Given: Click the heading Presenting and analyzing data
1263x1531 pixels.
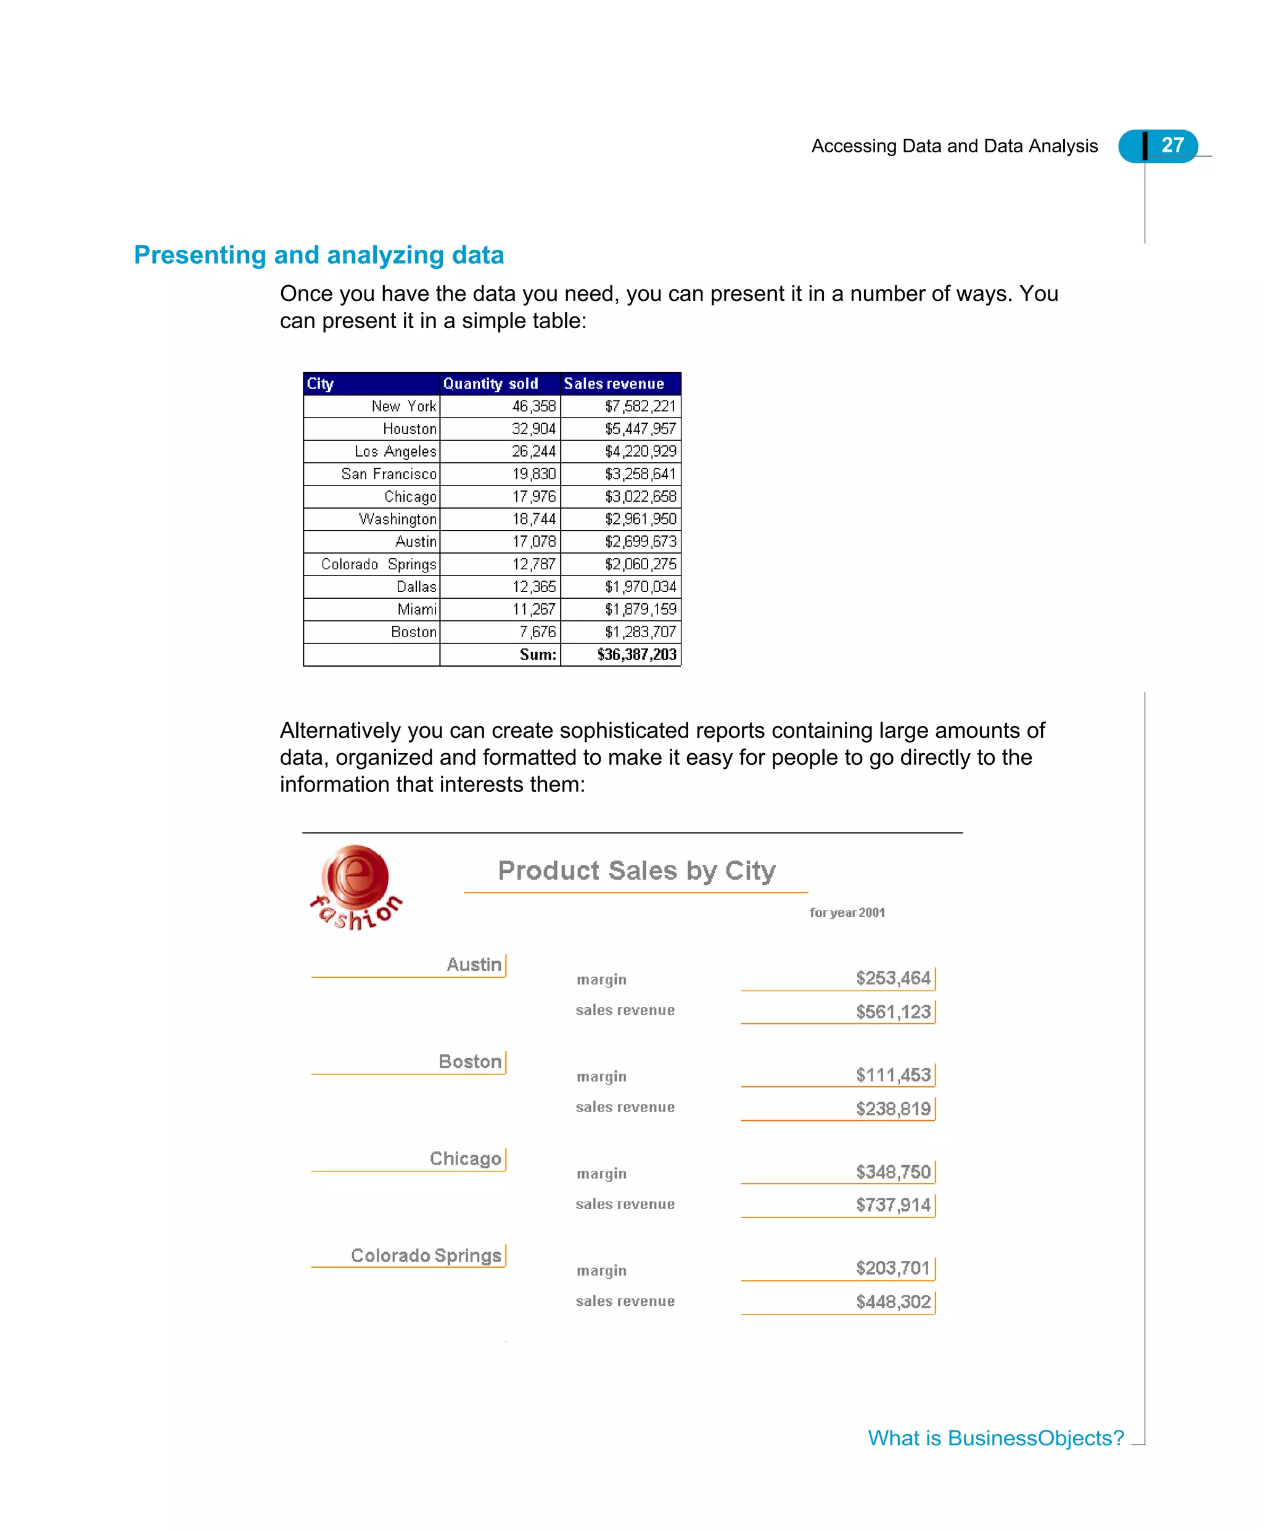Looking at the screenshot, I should [319, 255].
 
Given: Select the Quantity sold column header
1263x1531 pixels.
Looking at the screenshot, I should [491, 384].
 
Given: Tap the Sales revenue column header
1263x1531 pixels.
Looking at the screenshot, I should [614, 384].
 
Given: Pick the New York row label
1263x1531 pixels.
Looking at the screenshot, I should [404, 406].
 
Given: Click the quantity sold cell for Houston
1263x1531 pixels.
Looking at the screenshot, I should [533, 429].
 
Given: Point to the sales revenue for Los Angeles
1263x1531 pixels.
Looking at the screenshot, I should [640, 451].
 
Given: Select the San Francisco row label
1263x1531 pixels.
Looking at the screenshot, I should [389, 474].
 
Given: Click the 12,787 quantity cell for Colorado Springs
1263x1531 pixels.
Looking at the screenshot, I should [533, 564].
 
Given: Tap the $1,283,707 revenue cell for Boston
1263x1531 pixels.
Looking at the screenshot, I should [640, 632].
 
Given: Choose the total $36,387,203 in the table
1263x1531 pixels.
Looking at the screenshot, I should [636, 654].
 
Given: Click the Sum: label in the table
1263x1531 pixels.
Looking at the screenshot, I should [538, 654].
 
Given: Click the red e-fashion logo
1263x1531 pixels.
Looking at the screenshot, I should [356, 886].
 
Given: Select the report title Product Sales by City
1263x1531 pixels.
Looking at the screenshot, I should [636, 870].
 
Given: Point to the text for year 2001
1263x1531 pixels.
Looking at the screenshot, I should [847, 912].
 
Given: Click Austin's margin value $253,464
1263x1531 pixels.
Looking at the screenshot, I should [893, 978].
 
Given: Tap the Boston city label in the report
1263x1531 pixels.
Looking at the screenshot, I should [470, 1061].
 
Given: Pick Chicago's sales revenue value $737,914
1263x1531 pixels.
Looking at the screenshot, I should [893, 1205].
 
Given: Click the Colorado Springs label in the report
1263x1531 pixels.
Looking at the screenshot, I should [426, 1255].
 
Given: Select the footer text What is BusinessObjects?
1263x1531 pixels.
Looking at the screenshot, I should [995, 1438].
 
